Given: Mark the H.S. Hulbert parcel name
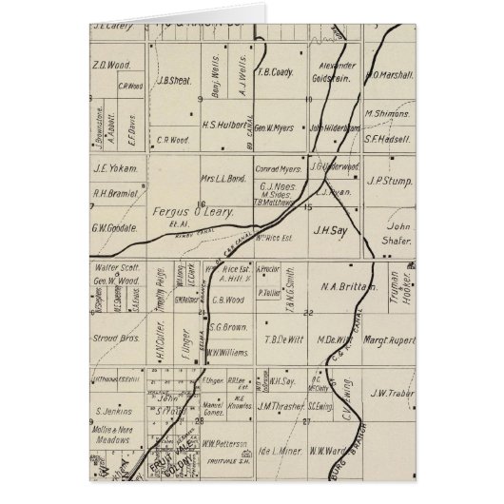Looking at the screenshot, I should point(226,125).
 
